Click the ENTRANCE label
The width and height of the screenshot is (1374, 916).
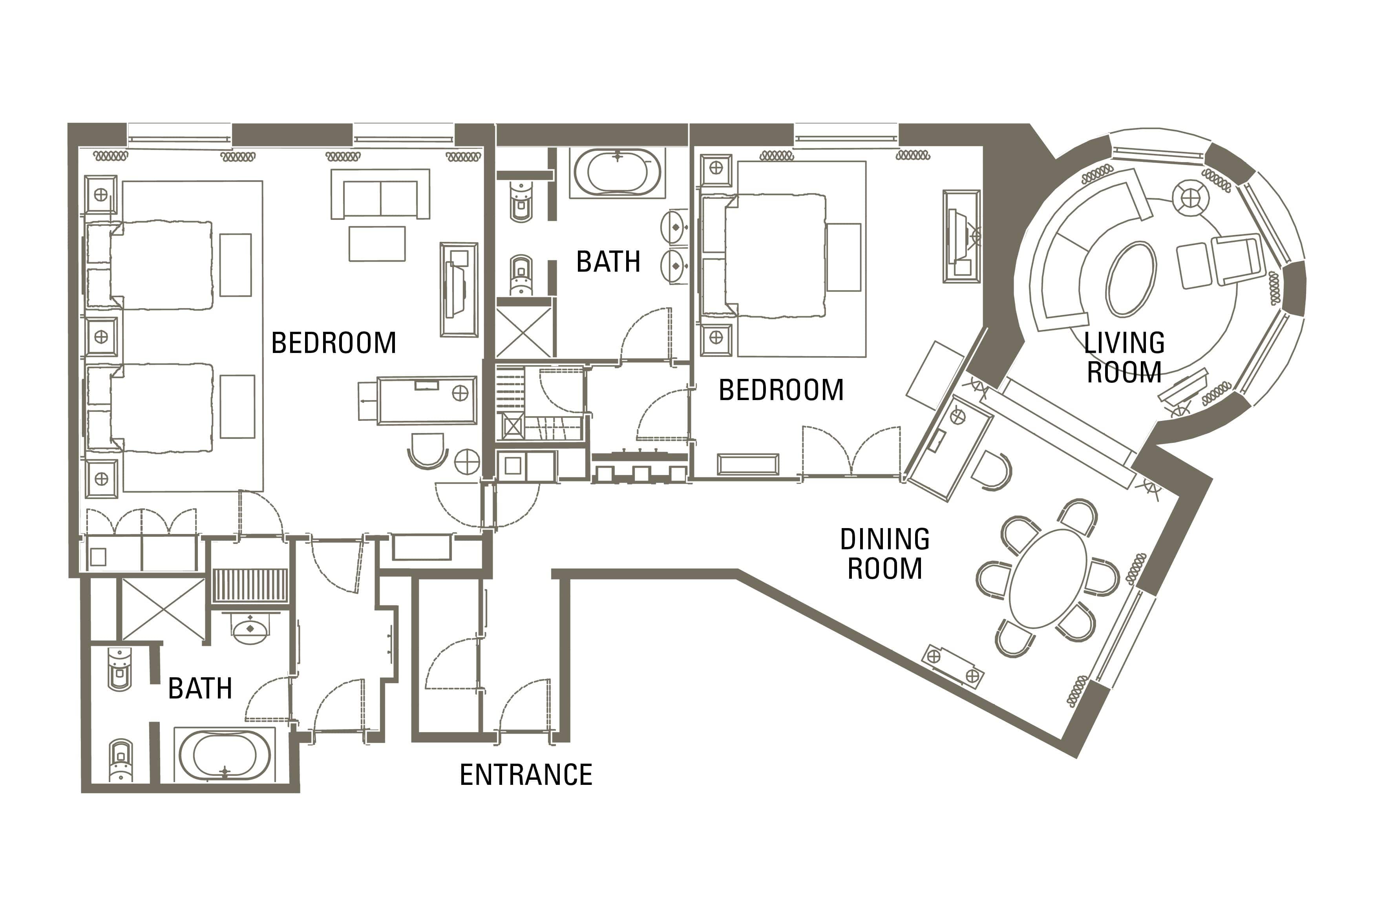526,775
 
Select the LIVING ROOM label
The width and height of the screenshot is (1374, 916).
1124,358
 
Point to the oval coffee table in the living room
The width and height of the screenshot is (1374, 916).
1131,279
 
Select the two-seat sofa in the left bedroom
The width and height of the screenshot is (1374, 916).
380,194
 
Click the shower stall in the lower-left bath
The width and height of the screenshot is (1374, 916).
163,608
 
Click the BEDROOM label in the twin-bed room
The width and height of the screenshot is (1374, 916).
333,343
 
